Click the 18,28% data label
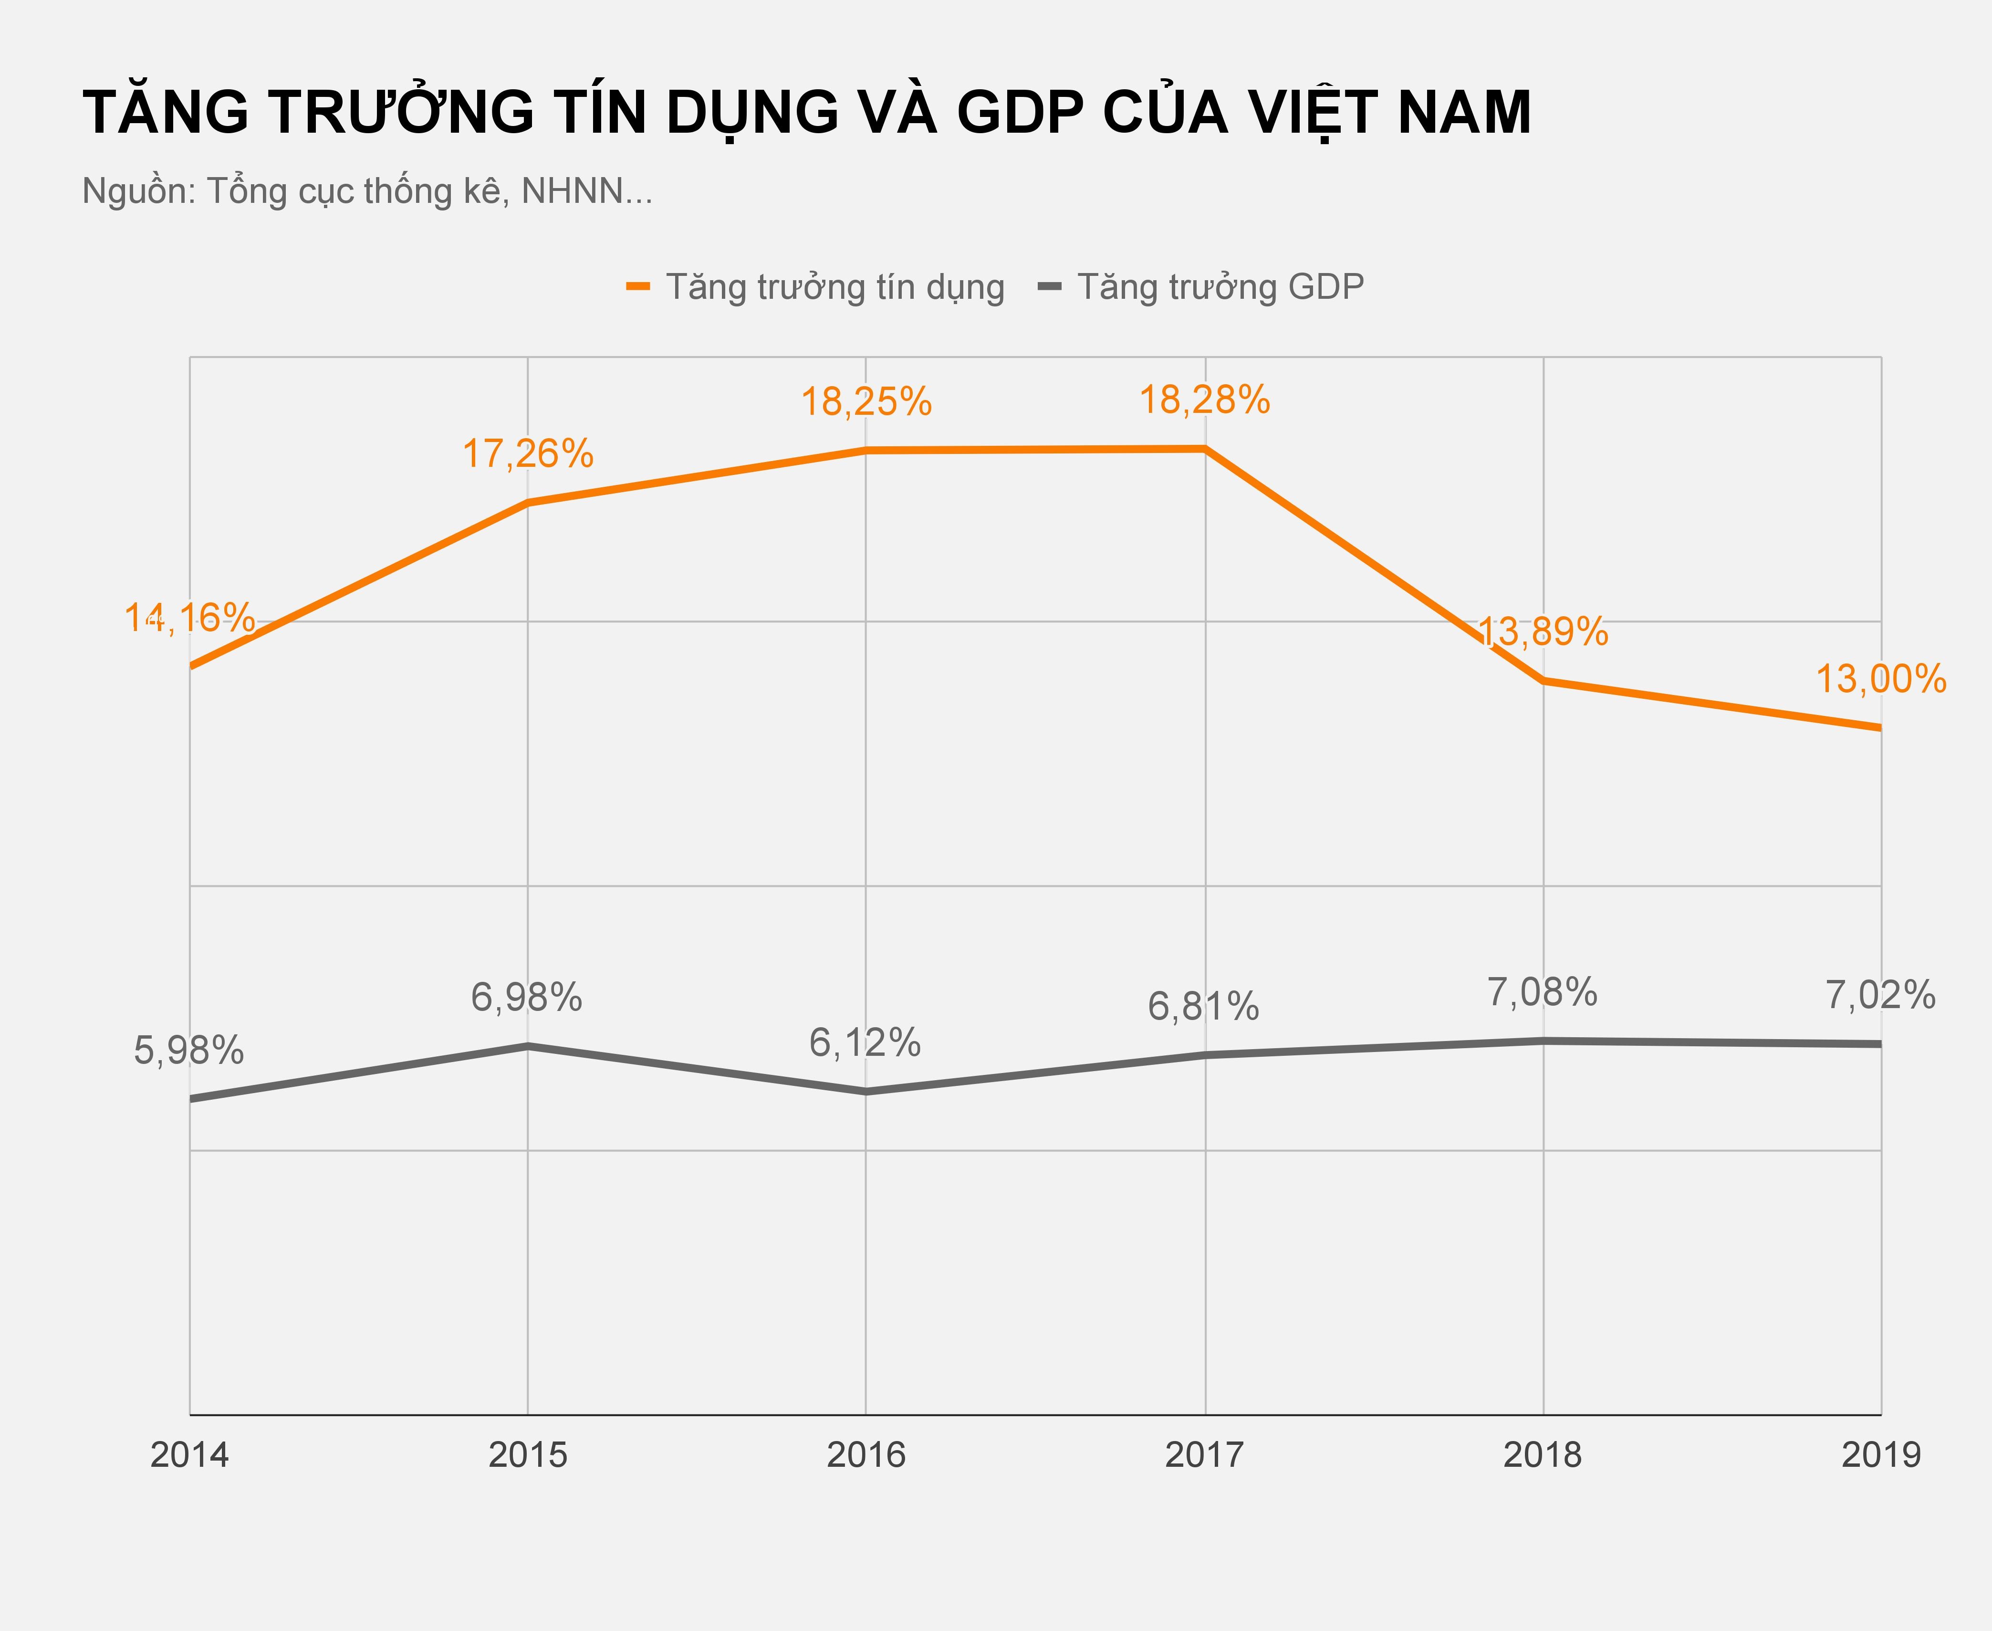1204,401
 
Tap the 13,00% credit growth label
1880,679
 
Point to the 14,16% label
190,618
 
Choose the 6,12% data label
865,1043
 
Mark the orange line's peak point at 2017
1204,449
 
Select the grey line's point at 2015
528,1046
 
